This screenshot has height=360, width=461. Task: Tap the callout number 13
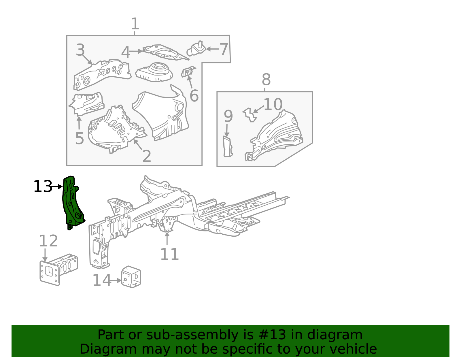[x=43, y=187]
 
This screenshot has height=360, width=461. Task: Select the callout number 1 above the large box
[x=135, y=24]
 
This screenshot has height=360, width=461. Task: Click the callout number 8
[x=266, y=80]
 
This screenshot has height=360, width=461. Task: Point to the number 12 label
[x=48, y=241]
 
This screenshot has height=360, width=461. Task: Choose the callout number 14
[x=101, y=280]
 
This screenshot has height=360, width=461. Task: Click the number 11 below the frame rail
[x=169, y=254]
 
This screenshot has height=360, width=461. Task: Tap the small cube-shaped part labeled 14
[x=131, y=277]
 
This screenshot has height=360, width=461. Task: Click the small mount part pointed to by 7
[x=197, y=49]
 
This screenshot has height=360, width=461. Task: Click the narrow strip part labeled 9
[x=227, y=147]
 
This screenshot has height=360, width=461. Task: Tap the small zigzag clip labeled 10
[x=250, y=115]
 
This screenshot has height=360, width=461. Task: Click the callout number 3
[x=80, y=50]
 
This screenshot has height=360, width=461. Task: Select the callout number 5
[x=79, y=139]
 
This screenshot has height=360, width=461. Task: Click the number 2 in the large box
[x=147, y=156]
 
